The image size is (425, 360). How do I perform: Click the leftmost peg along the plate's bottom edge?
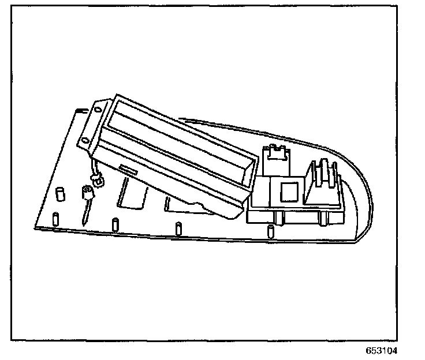click(x=55, y=219)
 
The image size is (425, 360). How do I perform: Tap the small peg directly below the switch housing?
click(x=270, y=231)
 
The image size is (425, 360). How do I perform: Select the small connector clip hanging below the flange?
click(x=98, y=182)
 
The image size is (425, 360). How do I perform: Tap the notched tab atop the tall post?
click(x=276, y=151)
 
